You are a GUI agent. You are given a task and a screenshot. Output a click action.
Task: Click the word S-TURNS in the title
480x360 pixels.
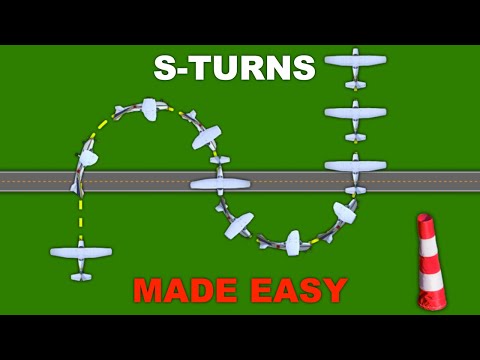point(234,68)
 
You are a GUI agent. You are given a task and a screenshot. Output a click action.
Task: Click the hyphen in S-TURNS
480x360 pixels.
point(179,69)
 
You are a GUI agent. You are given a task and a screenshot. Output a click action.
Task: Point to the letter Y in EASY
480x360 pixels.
point(335,290)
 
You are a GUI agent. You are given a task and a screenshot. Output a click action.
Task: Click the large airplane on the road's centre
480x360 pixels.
point(219,183)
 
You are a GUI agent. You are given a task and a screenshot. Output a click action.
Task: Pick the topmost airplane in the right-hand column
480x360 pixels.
point(356,62)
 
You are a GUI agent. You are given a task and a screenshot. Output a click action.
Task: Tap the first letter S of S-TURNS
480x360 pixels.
point(165,68)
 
